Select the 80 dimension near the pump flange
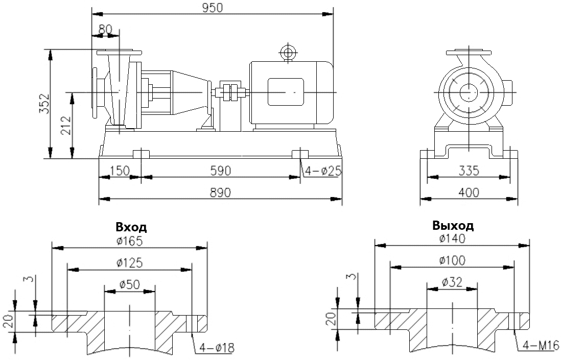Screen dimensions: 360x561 coord(104,29)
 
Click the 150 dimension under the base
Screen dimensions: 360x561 coord(119,171)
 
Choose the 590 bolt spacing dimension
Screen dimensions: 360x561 coord(220,171)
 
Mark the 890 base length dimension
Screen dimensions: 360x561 coord(220,192)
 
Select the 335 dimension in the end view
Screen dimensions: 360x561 coord(469,171)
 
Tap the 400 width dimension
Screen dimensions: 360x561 coord(469,192)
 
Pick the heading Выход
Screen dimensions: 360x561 coord(453,226)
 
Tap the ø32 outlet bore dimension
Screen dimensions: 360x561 coord(452,281)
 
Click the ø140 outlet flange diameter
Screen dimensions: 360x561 coord(452,238)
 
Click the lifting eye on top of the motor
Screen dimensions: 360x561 coord(288,52)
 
